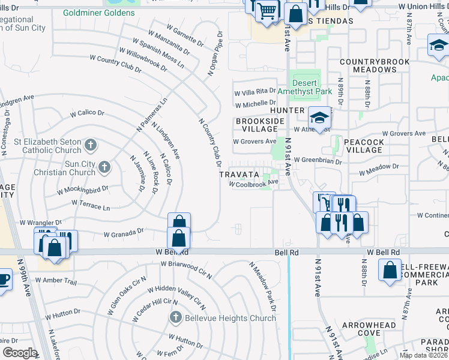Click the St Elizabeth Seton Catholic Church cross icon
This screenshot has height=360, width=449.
(x=90, y=145)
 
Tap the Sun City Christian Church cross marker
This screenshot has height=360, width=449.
(x=104, y=167)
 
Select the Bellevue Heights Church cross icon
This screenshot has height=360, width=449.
(x=175, y=317)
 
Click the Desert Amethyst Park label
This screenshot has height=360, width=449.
(x=304, y=87)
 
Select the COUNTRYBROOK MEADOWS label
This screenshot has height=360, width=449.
(x=374, y=65)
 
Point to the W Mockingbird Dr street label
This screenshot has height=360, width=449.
(x=82, y=190)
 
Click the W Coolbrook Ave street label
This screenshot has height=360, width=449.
(x=254, y=184)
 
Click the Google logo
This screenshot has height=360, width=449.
(x=20, y=353)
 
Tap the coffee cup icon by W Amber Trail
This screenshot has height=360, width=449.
(x=3, y=280)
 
